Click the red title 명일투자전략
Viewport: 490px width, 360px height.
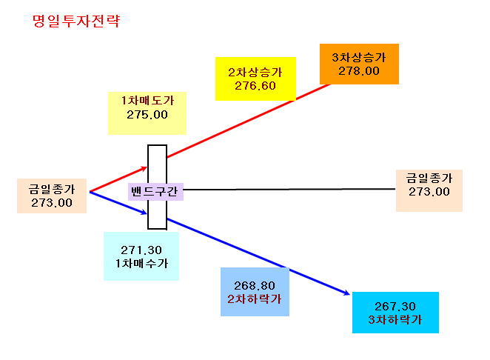pyautogui.click(x=76, y=21)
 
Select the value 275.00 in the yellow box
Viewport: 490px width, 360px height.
pyautogui.click(x=147, y=115)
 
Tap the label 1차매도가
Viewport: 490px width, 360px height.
pyautogui.click(x=147, y=101)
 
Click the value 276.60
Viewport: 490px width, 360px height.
pyautogui.click(x=255, y=86)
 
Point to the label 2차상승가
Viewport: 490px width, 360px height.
pyautogui.click(x=255, y=73)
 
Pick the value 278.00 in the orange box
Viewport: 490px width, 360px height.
pyautogui.click(x=359, y=71)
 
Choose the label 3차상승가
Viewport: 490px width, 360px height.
pyautogui.click(x=359, y=57)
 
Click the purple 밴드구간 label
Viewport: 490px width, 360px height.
pyautogui.click(x=155, y=191)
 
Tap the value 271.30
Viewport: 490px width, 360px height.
pyautogui.click(x=141, y=250)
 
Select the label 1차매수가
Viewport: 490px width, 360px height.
pyautogui.click(x=141, y=264)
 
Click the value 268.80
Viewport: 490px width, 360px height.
pyautogui.click(x=255, y=286)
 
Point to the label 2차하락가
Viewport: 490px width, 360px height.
pyautogui.click(x=255, y=299)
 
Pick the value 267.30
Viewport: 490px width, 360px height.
pyautogui.click(x=395, y=306)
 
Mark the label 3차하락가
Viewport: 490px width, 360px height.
pyautogui.click(x=395, y=320)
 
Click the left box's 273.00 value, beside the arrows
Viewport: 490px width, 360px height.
pyautogui.click(x=52, y=203)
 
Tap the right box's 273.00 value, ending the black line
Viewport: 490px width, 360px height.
pyautogui.click(x=429, y=192)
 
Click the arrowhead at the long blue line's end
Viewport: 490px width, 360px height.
pyautogui.click(x=346, y=293)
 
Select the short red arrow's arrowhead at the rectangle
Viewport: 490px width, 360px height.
pyautogui.click(x=144, y=169)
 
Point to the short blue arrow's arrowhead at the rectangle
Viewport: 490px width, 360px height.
pyautogui.click(x=144, y=213)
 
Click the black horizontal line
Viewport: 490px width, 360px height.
pyautogui.click(x=289, y=189)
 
